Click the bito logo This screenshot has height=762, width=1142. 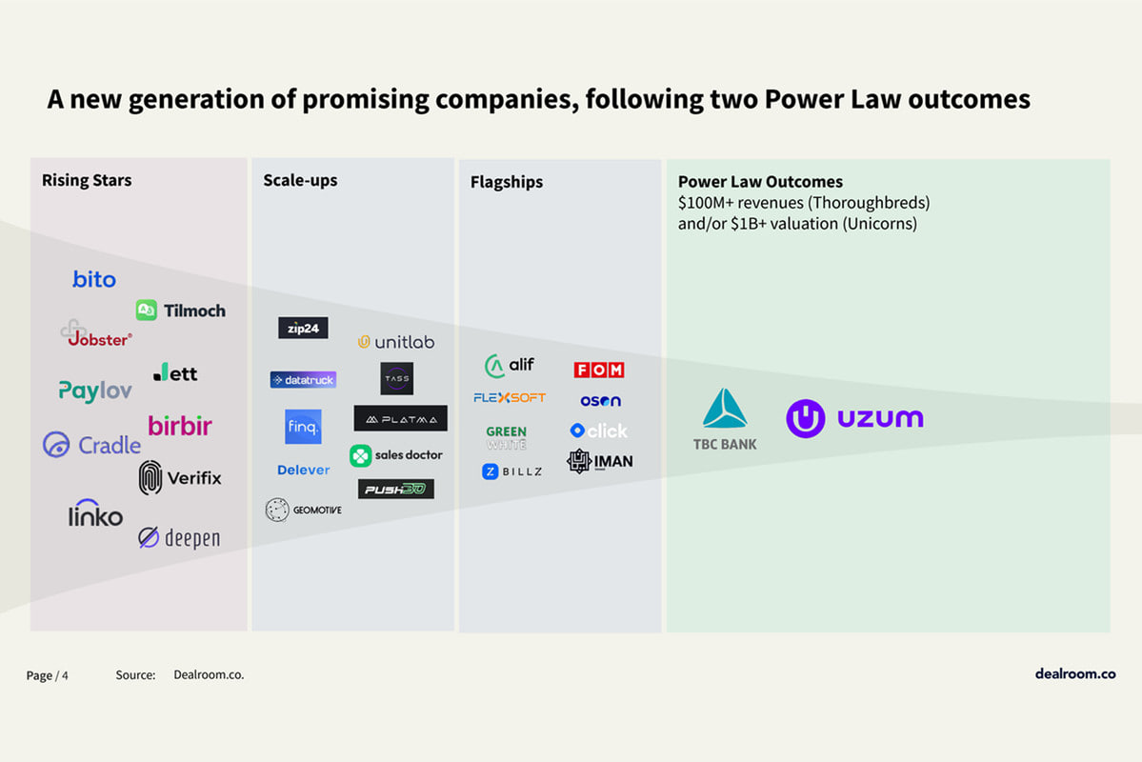coord(94,279)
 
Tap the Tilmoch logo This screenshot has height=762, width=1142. coord(181,311)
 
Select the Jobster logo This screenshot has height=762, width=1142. coord(96,334)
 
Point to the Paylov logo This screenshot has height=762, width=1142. coord(95,391)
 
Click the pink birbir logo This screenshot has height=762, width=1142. coord(180,426)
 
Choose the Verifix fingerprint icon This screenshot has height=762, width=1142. coord(150,477)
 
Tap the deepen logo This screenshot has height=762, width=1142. coord(179,538)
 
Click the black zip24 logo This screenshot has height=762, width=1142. coord(303,328)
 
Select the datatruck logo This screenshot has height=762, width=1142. coord(303,380)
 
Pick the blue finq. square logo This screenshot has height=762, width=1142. coord(303,427)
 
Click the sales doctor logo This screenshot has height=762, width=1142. coord(396,455)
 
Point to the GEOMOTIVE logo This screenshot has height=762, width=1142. coord(303,510)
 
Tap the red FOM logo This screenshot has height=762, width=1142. coord(599,370)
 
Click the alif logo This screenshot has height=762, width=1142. coord(510,366)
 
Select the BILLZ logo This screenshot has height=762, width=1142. coord(511,471)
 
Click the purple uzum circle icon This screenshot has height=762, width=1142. coord(806,419)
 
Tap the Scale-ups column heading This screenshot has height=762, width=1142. coord(300,180)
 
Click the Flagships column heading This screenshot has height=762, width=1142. coord(506,182)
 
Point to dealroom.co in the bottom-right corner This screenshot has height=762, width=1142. coord(1075,673)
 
